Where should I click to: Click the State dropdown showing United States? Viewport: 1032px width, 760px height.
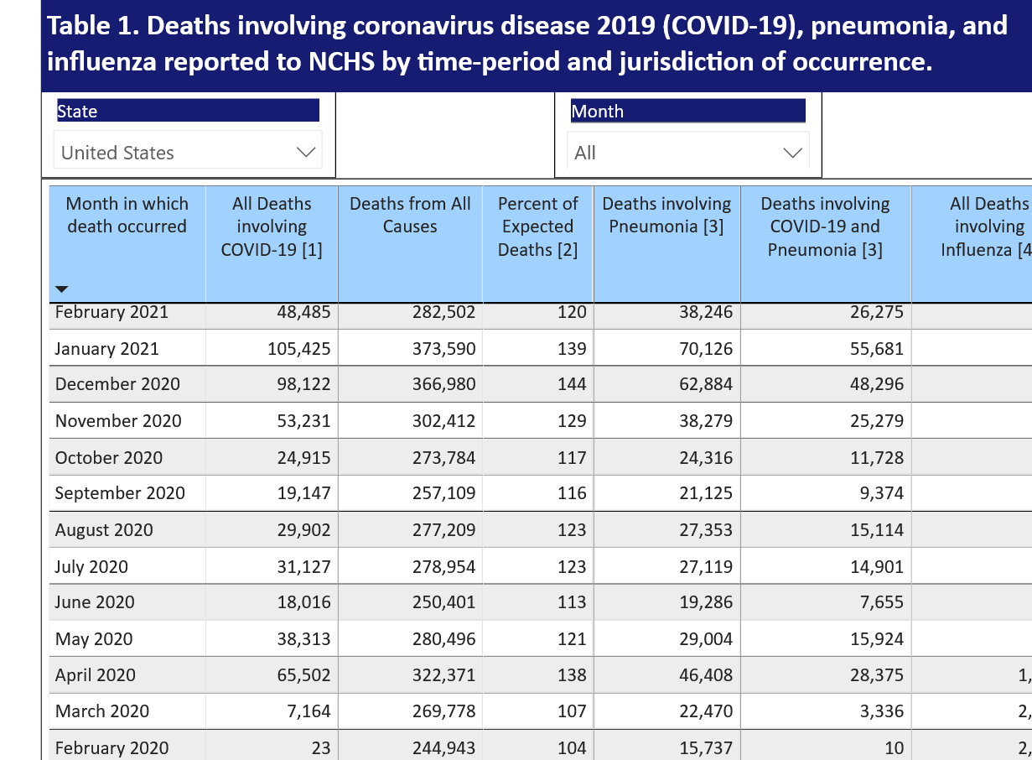tap(188, 153)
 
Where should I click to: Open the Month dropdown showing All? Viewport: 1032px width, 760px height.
tap(687, 153)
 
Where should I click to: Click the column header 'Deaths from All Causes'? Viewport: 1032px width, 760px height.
tap(410, 215)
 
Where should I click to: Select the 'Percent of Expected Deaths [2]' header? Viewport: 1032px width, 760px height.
tap(537, 226)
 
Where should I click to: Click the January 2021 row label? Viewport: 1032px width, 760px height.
tap(106, 348)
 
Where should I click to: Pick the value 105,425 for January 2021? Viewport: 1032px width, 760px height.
tap(303, 348)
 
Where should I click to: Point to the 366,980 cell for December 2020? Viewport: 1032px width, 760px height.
tap(443, 384)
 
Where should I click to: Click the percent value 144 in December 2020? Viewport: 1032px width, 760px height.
tap(572, 384)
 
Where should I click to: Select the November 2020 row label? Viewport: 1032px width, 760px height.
tap(117, 421)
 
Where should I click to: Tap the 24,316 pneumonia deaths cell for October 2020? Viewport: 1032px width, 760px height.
tap(705, 458)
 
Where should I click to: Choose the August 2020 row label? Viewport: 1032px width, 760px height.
tap(104, 530)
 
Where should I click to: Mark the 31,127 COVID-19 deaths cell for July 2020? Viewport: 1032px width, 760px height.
tap(303, 567)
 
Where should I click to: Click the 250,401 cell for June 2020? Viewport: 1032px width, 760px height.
tap(443, 602)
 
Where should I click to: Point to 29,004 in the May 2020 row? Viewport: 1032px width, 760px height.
tap(705, 639)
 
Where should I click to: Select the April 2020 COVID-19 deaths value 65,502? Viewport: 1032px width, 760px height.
tap(303, 675)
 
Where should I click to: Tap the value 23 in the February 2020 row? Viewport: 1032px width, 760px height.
tap(320, 747)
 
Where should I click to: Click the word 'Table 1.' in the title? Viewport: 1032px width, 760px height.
tap(93, 26)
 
